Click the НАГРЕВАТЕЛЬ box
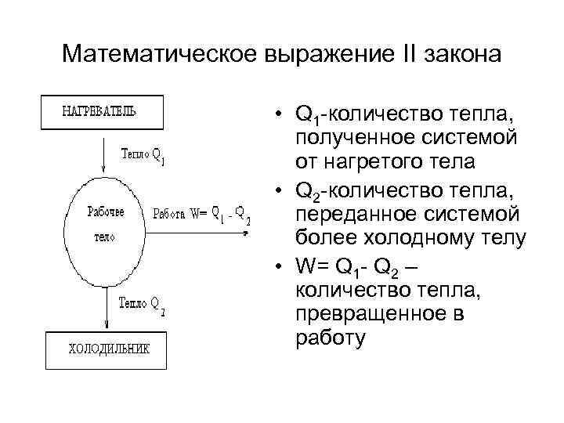101,111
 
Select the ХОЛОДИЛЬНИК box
107,350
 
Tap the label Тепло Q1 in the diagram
143,155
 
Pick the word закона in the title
455,55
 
